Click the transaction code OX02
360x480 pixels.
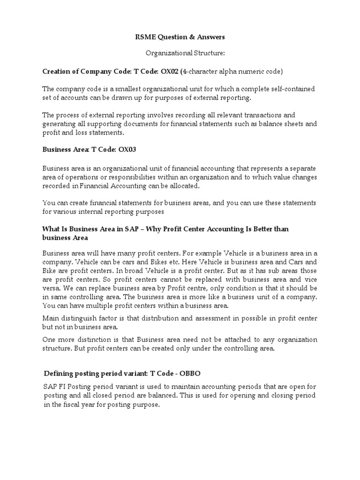coord(171,71)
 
